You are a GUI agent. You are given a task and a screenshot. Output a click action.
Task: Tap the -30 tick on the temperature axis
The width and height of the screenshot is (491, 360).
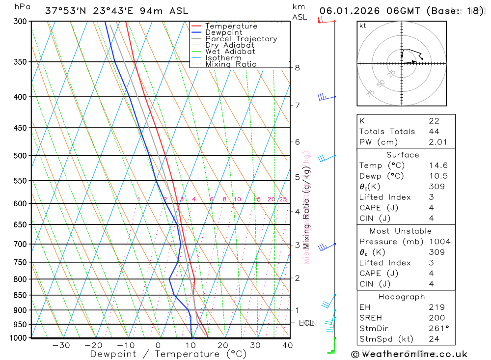pos(61,345)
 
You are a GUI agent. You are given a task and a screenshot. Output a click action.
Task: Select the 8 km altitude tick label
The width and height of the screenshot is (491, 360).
pos(297,68)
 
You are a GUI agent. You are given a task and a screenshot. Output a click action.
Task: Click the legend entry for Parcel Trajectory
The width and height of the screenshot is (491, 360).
pos(241,39)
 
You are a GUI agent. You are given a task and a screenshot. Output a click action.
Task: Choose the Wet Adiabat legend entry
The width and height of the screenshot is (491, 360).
pos(230,52)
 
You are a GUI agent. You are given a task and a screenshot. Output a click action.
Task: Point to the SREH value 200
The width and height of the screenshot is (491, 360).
pos(436,318)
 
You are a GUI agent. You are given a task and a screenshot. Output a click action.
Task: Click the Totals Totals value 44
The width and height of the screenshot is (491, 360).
pos(434,131)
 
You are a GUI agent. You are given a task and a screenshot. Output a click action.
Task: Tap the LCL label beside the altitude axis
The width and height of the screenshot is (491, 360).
pos(306,323)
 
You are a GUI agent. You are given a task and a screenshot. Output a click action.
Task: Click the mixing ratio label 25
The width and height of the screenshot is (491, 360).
pos(283,199)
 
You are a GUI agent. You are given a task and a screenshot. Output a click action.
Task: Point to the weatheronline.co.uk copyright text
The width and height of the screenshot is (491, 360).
pos(409,354)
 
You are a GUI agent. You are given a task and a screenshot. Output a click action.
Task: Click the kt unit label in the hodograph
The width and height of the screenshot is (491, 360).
pos(363,26)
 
